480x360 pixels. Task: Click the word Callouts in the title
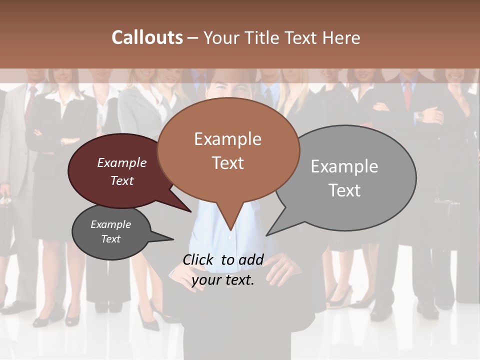tap(147, 37)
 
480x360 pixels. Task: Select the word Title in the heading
tap(263, 37)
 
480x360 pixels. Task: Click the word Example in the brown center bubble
tap(227, 139)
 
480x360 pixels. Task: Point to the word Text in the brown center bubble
tap(227, 163)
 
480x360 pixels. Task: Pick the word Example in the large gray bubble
tap(344, 166)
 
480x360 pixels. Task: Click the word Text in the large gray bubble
tap(344, 190)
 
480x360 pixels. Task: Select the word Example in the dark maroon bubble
tap(122, 162)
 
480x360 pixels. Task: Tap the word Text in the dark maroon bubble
tap(122, 180)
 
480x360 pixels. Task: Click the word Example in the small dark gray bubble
tap(111, 224)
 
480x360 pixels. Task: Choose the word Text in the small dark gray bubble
tap(111, 239)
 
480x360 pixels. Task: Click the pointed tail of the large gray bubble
tap(270, 232)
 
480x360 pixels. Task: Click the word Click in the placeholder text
tap(199, 259)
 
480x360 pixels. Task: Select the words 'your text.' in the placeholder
tap(223, 280)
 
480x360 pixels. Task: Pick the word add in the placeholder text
tap(251, 259)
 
